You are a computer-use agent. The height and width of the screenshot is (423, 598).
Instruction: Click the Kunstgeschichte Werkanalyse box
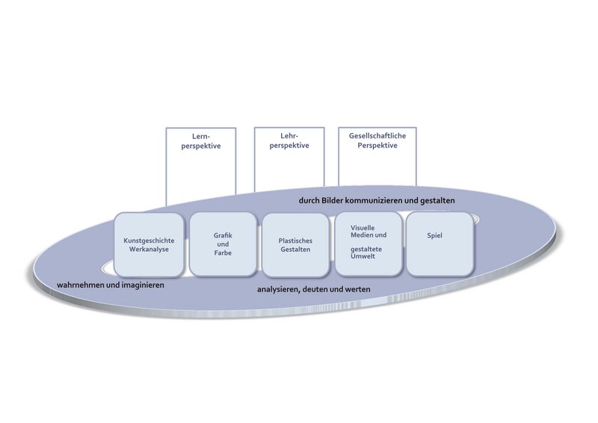149,244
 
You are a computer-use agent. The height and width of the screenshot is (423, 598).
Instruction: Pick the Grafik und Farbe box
222,244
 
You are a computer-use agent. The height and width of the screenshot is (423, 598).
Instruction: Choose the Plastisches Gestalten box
295,244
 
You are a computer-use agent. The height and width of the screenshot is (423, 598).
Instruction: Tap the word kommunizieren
387,200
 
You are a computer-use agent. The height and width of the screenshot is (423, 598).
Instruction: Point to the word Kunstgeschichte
149,241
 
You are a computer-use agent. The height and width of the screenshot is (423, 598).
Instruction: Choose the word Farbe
222,253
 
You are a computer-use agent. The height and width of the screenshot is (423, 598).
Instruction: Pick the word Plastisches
295,241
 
